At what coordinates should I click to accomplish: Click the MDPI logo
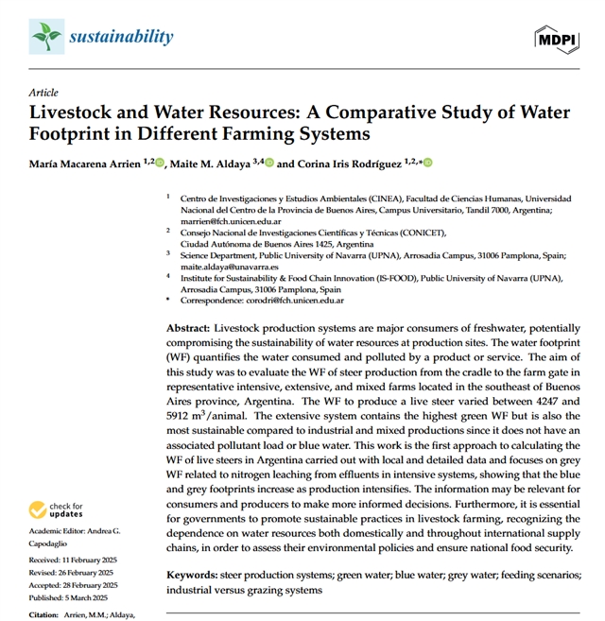coord(556,40)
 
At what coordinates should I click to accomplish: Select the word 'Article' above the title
coord(43,93)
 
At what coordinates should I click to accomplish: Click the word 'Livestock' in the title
coord(78,112)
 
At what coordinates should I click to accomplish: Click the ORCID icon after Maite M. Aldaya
coord(269,164)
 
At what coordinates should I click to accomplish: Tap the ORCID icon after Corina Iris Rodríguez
coord(427,164)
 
